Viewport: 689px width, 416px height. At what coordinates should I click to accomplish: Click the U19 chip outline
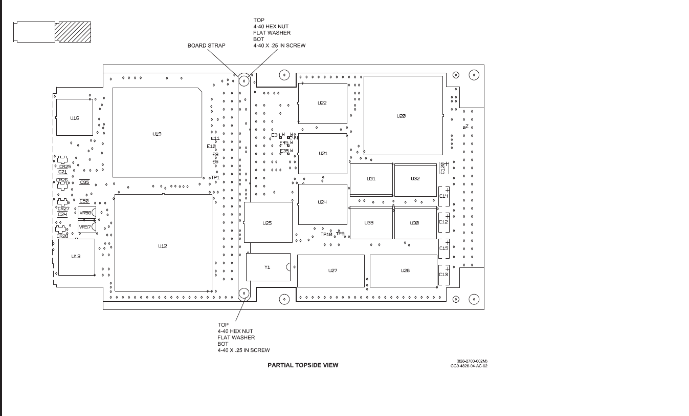point(157,133)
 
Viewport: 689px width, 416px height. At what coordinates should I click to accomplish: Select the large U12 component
point(163,246)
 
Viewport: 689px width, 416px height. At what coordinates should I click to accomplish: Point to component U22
point(322,103)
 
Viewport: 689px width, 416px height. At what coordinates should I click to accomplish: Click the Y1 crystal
point(268,267)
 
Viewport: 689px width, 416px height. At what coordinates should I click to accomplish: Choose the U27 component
point(332,271)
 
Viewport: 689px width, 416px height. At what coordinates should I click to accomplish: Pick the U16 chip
point(75,118)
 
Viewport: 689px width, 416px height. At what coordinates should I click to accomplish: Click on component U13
point(76,256)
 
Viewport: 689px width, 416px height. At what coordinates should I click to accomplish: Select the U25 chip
point(268,223)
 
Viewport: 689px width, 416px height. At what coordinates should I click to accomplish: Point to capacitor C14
point(443,196)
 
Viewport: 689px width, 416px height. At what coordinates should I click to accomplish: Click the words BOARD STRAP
point(206,46)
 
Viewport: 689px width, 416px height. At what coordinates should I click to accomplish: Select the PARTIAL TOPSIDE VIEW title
point(303,365)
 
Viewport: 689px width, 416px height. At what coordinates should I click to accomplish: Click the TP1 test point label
point(215,178)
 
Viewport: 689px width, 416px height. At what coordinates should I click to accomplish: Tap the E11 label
point(215,138)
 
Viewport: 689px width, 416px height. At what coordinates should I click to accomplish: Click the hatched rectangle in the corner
point(73,32)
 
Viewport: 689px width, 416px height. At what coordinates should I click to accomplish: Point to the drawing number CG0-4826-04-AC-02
point(469,366)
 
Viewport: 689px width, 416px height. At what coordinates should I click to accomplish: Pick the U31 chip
point(371,179)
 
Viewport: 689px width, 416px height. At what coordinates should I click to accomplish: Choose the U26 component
point(405,271)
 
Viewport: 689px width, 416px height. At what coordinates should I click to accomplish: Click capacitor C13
point(443,275)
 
